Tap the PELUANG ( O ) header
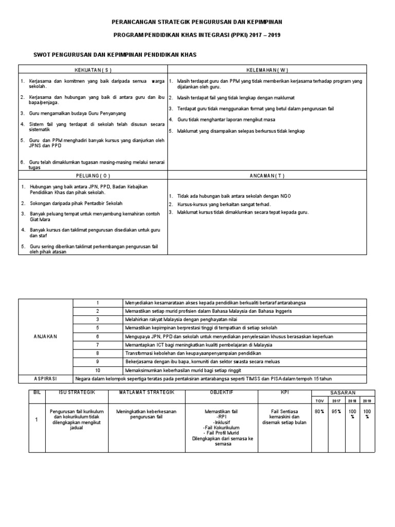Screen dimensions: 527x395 (x=93, y=175)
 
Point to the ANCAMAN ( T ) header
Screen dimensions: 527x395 (x=267, y=175)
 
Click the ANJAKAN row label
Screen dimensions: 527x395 (x=46, y=336)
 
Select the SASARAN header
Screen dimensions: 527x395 (x=343, y=392)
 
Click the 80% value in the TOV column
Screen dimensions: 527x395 (x=318, y=411)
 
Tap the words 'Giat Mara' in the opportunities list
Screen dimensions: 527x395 (x=39, y=219)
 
